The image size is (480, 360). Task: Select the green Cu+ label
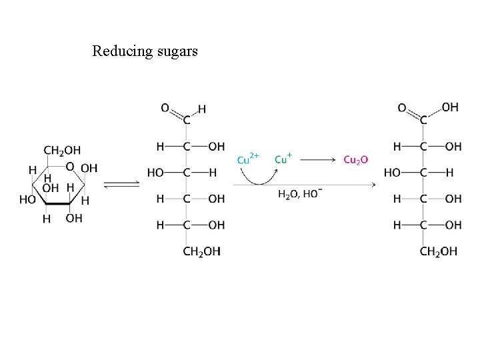(282, 159)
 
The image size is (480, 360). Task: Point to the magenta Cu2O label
(355, 159)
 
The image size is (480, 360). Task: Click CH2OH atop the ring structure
(62, 150)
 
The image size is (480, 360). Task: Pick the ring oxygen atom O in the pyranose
(69, 167)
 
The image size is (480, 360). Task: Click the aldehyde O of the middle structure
(165, 107)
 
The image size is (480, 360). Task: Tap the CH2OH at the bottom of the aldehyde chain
(201, 251)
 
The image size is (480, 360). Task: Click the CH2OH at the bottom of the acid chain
(438, 251)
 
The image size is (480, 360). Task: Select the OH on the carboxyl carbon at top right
(450, 107)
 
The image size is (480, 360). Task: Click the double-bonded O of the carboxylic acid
(402, 107)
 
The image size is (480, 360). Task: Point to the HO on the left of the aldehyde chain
(156, 173)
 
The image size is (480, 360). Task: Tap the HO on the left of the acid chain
(393, 173)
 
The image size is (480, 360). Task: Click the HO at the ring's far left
(28, 199)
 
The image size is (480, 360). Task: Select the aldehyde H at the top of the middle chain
(202, 108)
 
